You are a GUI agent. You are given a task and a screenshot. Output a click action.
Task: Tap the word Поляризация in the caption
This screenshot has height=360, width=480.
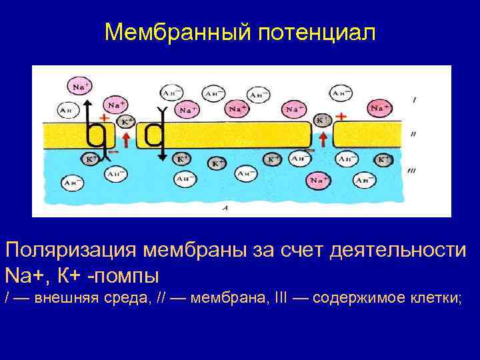(67, 251)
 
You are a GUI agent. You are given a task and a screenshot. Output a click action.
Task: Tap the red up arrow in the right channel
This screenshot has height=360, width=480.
(323, 139)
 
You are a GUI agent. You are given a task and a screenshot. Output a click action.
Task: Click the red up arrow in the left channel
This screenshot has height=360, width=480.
(126, 139)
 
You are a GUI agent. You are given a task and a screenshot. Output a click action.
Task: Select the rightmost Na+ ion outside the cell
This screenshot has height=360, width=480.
(380, 107)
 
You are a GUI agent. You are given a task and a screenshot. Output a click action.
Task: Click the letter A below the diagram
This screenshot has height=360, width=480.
(225, 208)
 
